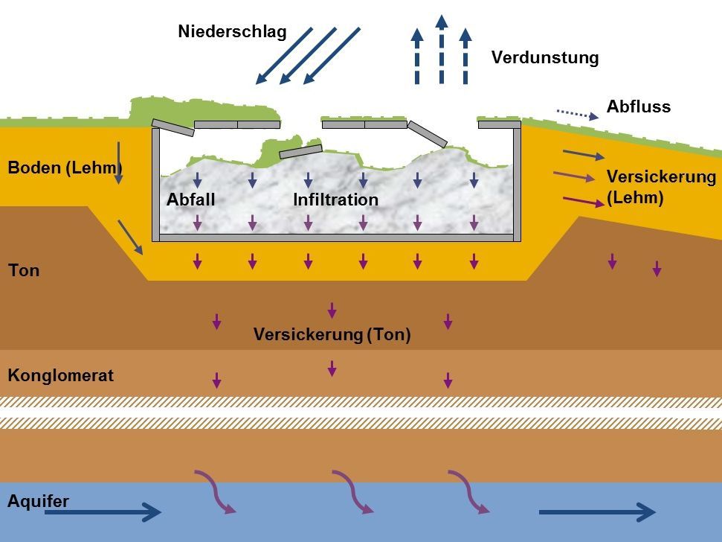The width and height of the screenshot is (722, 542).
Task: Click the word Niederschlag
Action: tap(232, 33)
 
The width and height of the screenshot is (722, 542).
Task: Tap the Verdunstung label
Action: tap(545, 58)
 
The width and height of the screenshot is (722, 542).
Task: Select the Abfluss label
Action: tap(639, 106)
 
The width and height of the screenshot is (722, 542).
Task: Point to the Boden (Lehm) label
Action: tap(64, 168)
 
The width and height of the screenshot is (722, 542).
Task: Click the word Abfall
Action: tap(191, 200)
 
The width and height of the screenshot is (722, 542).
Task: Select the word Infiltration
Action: tap(335, 200)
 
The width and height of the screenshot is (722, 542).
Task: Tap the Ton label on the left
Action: tap(24, 270)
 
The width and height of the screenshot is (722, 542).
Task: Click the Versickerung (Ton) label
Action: tap(332, 334)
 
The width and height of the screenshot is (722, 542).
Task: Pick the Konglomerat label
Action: tap(61, 375)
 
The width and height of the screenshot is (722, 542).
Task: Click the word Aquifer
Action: tap(38, 501)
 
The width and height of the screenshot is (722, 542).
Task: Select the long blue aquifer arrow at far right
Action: tap(596, 511)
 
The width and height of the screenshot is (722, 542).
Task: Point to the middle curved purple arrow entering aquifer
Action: tap(352, 492)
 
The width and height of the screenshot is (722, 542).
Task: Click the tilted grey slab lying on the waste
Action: tap(301, 152)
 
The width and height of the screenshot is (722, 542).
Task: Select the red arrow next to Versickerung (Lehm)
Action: tap(584, 201)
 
